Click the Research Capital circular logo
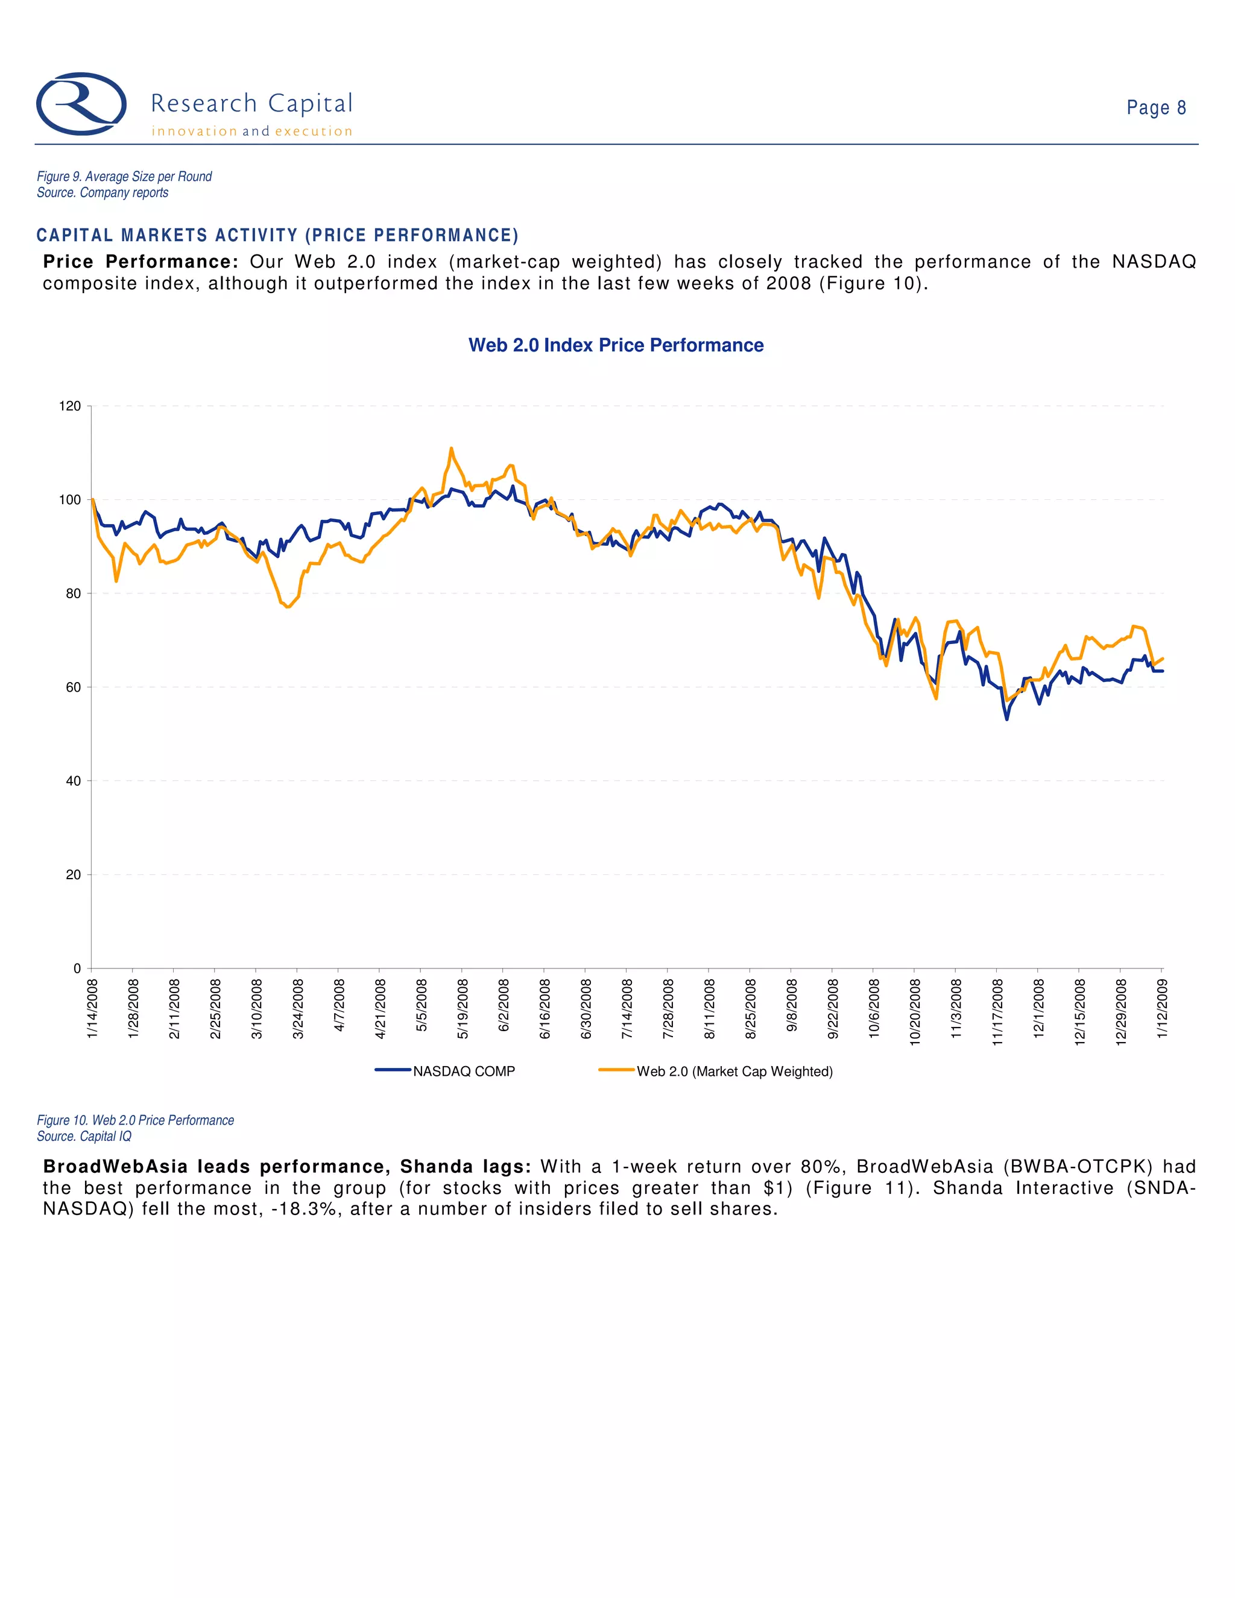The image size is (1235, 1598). point(81,104)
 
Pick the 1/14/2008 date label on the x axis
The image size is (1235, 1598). point(93,1008)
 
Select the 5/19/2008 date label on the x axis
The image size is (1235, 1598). point(463,1008)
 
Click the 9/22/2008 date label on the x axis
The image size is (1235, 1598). point(833,1008)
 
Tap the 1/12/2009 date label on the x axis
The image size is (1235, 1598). point(1163,1008)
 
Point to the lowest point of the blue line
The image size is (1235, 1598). point(1006,719)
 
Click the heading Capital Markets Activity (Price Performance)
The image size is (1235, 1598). point(277,236)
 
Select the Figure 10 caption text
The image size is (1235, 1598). point(135,1120)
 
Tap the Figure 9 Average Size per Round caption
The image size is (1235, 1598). point(124,176)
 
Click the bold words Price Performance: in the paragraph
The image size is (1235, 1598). point(141,262)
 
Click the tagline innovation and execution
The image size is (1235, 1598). point(251,131)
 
